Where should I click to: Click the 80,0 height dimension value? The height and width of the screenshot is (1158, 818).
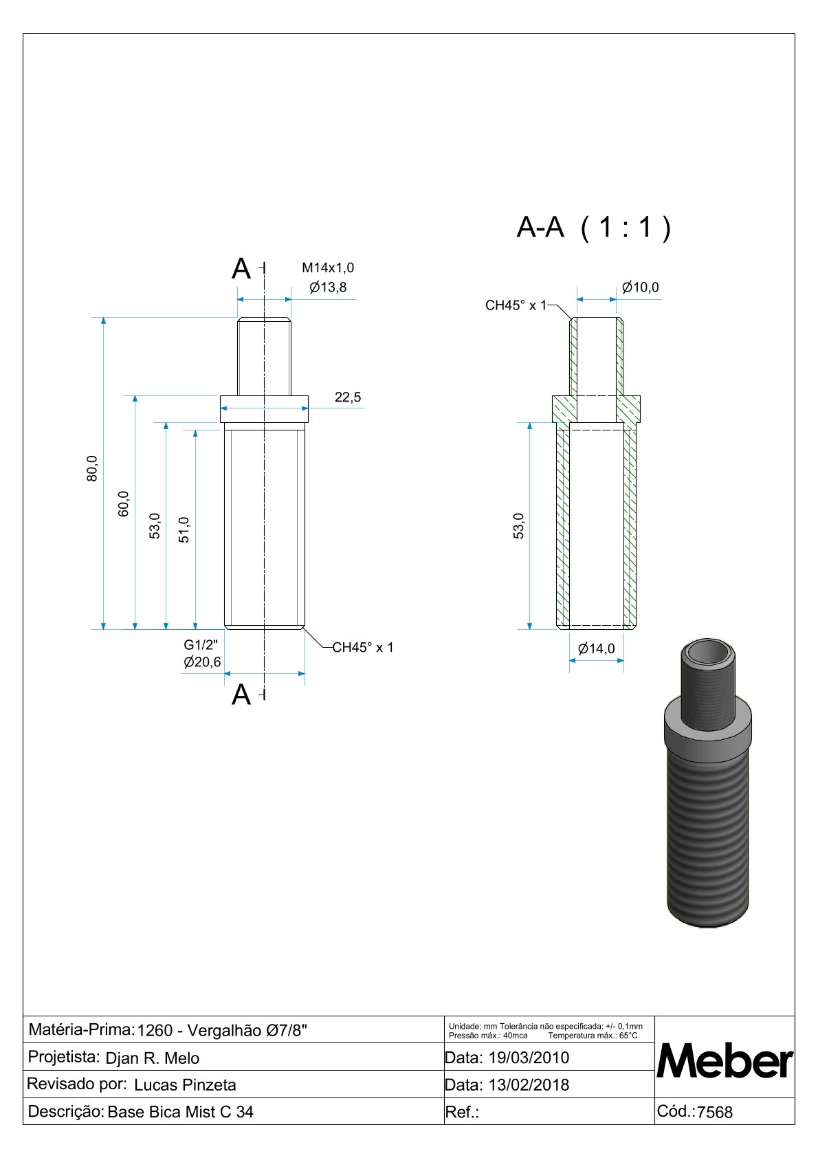(92, 468)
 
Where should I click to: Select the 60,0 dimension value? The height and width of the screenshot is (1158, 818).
(124, 503)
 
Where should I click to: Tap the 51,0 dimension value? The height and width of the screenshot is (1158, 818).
(184, 529)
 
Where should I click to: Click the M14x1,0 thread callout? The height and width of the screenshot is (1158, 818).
(328, 267)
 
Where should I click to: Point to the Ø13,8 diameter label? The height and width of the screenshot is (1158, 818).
(328, 287)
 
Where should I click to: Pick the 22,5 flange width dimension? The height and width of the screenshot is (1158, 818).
(348, 397)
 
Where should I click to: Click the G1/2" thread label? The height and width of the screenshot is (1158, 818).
(201, 644)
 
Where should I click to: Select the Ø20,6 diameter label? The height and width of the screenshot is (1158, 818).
(202, 662)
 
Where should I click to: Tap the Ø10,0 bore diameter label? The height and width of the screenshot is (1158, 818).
(640, 287)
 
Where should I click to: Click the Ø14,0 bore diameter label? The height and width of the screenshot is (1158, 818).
(597, 648)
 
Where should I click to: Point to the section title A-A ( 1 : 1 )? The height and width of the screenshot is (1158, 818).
(594, 227)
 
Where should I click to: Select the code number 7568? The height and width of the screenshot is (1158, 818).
(715, 1112)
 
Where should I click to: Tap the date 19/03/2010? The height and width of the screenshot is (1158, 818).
(529, 1058)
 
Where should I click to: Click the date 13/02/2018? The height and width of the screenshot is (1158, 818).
(529, 1084)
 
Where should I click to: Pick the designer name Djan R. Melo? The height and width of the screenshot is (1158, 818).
(153, 1058)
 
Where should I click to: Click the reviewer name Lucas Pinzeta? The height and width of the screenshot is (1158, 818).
(185, 1085)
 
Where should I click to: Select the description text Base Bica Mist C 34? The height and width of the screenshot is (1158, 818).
(180, 1112)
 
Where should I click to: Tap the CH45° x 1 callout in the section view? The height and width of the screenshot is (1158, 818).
(515, 305)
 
